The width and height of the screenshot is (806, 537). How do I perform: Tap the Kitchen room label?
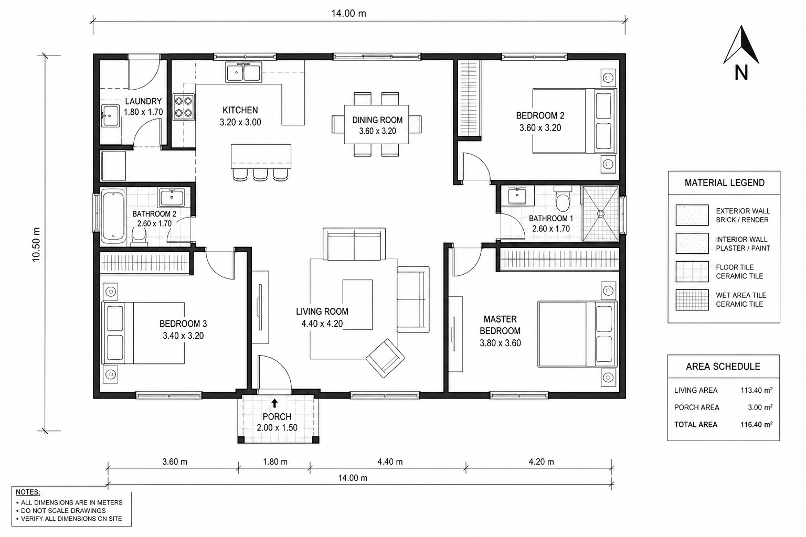[240, 110]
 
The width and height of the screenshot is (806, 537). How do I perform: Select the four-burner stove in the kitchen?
[184, 107]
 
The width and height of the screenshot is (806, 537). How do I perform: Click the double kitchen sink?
[243, 72]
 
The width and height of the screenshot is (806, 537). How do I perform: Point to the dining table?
[376, 124]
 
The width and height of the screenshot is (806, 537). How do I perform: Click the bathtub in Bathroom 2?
[113, 216]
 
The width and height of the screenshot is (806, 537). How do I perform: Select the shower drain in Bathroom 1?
[600, 213]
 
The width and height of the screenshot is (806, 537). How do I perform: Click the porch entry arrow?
[274, 403]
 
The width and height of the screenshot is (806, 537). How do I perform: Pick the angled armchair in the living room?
[385, 358]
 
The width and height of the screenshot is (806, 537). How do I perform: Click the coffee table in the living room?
[357, 305]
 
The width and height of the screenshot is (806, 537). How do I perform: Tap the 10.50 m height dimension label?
[36, 244]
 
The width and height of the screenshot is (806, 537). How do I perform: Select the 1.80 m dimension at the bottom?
[275, 462]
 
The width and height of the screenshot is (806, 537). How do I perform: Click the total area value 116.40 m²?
[756, 424]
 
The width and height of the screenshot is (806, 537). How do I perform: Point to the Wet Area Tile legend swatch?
[692, 300]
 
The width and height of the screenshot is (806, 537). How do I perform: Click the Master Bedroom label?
[500, 325]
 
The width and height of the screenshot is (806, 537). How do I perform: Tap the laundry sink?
[110, 116]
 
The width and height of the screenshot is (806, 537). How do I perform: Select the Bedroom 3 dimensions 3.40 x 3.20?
[183, 336]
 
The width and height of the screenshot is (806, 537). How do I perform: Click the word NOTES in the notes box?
[28, 492]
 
